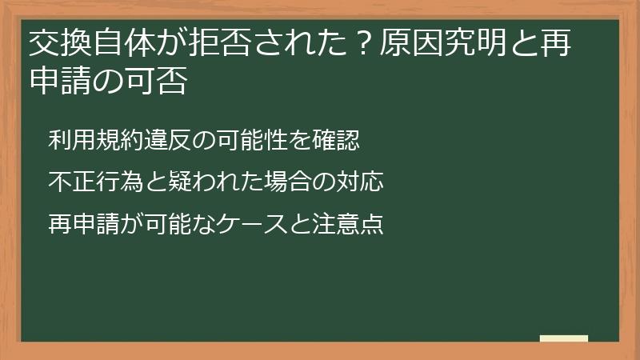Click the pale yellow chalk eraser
pos(564,338)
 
